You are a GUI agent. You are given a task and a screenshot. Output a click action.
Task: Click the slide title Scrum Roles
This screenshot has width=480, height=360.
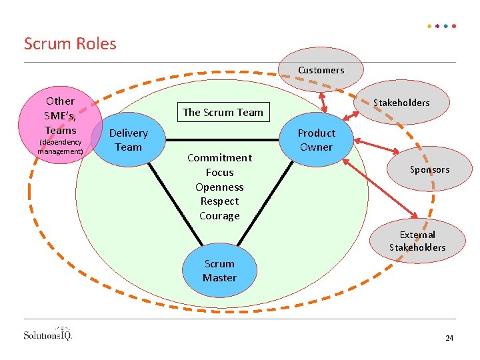[70, 44]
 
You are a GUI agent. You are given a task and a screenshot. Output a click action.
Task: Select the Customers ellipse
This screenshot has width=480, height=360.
[321, 71]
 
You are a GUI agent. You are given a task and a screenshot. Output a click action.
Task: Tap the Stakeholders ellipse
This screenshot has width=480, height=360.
[401, 103]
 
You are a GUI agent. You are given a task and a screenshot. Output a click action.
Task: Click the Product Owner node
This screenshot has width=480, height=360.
[316, 140]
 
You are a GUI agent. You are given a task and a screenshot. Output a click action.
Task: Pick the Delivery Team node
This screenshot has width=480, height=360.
[128, 140]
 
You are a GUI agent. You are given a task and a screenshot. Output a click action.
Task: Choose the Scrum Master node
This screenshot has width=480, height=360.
[219, 271]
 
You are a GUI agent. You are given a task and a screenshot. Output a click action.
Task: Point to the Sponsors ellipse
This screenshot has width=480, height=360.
[429, 169]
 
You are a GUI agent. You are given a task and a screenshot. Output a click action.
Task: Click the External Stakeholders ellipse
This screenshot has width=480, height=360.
[417, 241]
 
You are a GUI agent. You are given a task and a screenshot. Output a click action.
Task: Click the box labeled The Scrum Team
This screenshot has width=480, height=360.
[223, 112]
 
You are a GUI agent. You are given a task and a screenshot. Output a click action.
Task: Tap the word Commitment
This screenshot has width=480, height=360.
[219, 158]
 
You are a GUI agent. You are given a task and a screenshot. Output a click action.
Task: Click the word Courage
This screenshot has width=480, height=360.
[219, 216]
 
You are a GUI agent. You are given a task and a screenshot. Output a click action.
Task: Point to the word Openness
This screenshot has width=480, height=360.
[219, 187]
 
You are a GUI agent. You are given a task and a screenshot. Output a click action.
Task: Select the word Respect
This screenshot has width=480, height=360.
[219, 201]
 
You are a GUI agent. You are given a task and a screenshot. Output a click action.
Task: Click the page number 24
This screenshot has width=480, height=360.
[449, 339]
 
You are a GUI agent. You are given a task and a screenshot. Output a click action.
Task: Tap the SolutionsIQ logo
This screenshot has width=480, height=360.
[47, 334]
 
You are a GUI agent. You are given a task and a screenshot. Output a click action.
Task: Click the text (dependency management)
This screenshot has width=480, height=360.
[60, 147]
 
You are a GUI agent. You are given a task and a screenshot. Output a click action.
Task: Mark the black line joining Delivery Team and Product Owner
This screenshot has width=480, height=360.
[220, 141]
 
